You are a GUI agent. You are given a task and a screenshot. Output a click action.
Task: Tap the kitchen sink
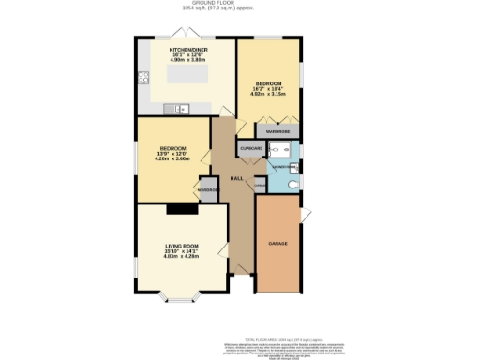point(178,109)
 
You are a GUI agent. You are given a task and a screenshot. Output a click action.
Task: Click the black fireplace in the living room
point(178,208)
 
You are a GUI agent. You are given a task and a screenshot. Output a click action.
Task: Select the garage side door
point(305,217)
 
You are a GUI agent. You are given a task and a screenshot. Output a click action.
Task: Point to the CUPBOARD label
point(251,148)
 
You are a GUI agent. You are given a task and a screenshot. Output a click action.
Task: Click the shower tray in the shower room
point(279,150)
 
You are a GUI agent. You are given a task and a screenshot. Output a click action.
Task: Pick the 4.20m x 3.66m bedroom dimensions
point(172,158)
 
